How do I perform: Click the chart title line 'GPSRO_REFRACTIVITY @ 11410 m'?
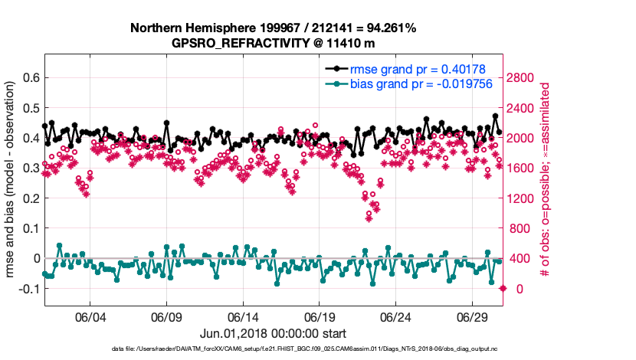coord(274,43)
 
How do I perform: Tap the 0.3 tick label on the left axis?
coord(31,168)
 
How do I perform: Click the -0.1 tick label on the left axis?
coord(28,288)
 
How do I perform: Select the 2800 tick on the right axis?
coord(522,77)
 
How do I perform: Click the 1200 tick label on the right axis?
coord(522,198)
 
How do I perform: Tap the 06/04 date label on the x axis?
coord(90,317)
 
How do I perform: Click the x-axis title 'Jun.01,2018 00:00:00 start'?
coord(274,333)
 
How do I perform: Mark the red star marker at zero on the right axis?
coord(503,288)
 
